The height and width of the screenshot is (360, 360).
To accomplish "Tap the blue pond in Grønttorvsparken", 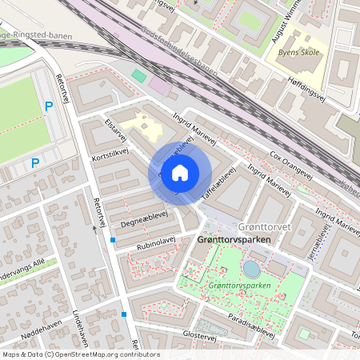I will [251, 269].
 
